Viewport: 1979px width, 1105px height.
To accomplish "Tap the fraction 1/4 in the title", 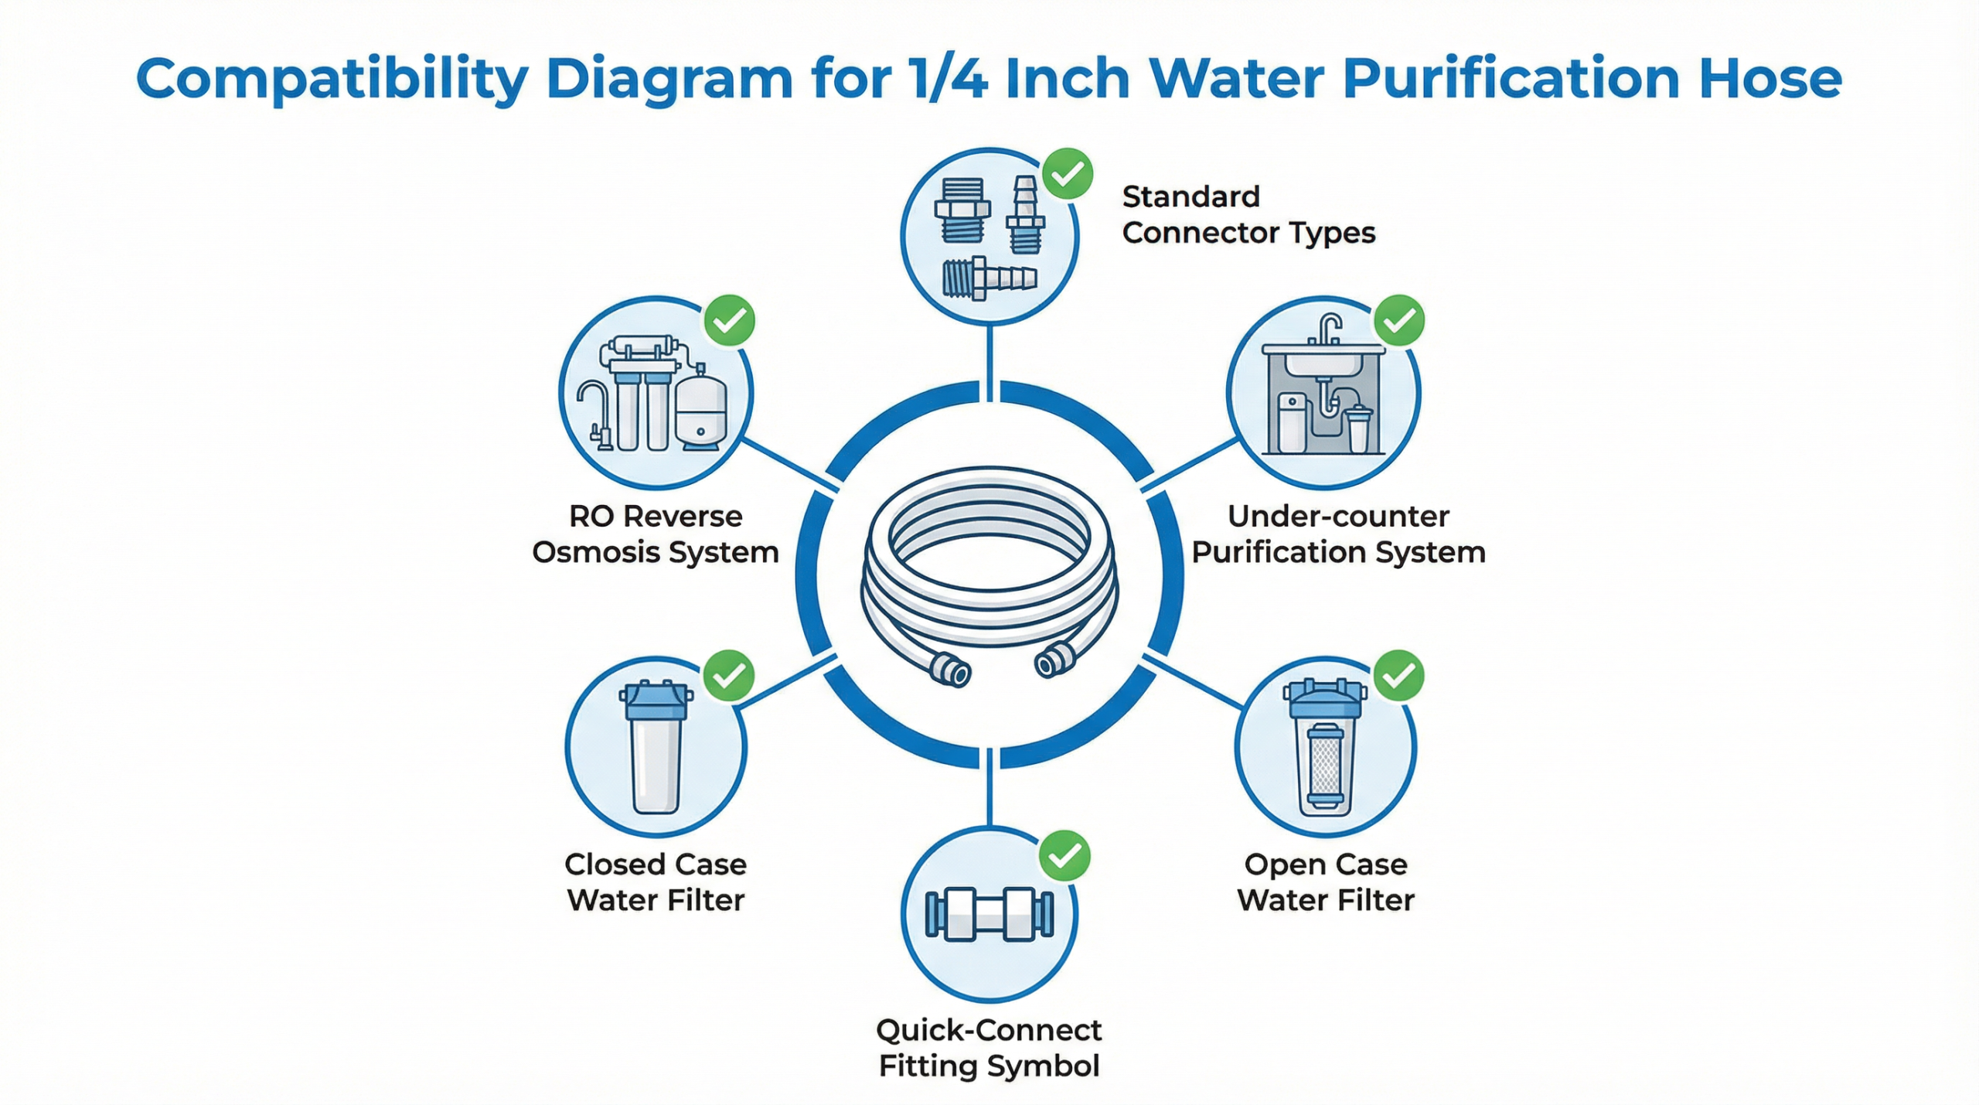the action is (949, 78).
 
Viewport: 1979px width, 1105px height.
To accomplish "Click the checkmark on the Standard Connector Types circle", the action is (1068, 174).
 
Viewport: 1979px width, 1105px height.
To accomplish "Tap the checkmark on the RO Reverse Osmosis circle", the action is (729, 320).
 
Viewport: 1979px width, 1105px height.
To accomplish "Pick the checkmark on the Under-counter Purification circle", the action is (1398, 320).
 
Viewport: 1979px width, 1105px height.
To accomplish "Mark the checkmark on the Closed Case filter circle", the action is (729, 676).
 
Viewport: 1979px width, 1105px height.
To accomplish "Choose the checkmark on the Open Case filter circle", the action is (1398, 676).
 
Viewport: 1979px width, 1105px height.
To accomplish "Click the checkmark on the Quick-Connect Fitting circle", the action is (1064, 856).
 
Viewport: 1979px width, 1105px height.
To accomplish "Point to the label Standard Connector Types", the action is (1248, 215).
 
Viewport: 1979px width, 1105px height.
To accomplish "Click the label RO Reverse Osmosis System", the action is (656, 534).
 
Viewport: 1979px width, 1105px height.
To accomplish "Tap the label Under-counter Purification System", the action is (1338, 534).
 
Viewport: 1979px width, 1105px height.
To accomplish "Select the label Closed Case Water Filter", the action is (656, 882).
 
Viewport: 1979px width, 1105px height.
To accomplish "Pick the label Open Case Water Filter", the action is (1326, 882).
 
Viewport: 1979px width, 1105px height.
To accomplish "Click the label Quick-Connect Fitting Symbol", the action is (989, 1048).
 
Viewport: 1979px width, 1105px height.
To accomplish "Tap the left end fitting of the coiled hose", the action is (950, 669).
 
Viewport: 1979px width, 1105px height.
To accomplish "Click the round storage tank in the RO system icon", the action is (701, 410).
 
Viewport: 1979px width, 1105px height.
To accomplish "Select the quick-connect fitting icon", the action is (989, 914).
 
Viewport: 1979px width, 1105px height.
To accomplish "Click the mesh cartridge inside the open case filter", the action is (1325, 762).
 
